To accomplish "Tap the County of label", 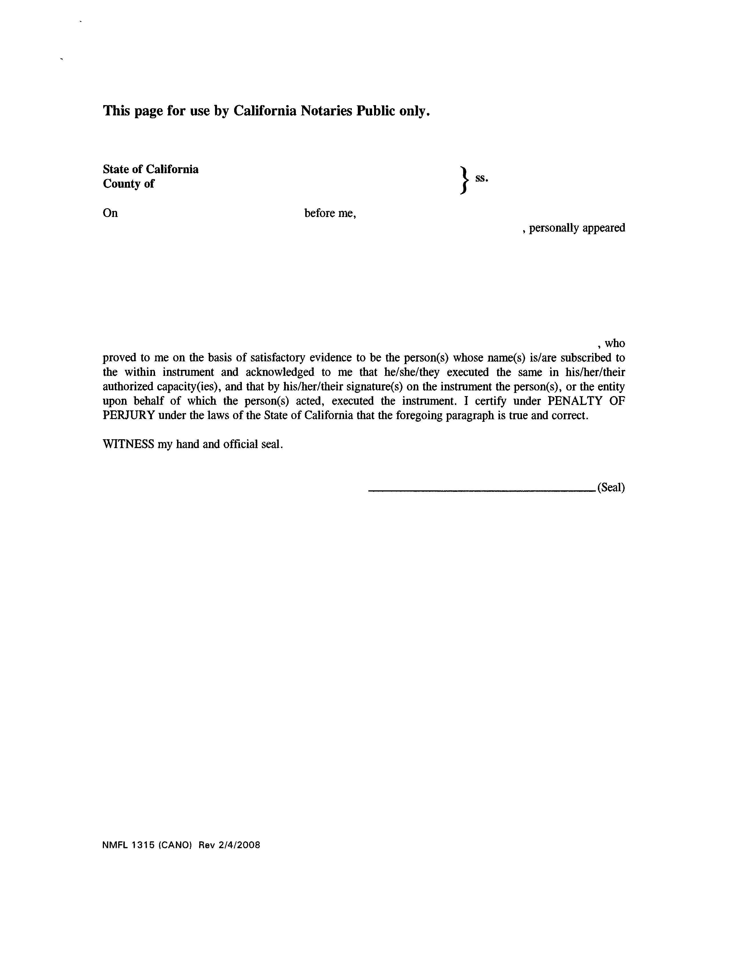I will pyautogui.click(x=128, y=184).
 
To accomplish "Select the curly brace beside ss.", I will pyautogui.click(x=465, y=179).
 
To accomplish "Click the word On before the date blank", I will pyautogui.click(x=110, y=213).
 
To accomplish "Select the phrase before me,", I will pyautogui.click(x=330, y=213).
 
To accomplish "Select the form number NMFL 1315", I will pyautogui.click(x=128, y=845).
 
